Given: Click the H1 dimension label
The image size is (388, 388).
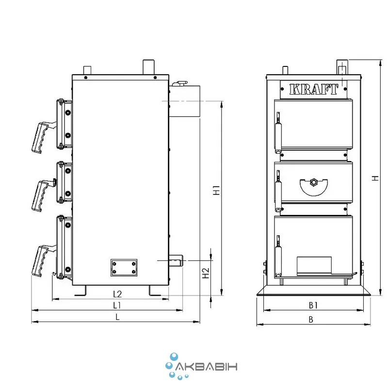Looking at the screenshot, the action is click(x=216, y=190).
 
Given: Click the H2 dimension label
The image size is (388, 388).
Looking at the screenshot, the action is click(x=206, y=273).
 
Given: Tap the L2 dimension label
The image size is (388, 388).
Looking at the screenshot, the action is click(x=117, y=294).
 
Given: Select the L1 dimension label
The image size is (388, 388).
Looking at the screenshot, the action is click(x=116, y=306).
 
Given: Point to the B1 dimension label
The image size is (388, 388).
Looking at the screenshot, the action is click(x=313, y=306).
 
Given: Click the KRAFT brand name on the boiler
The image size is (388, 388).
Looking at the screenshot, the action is click(x=313, y=89).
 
